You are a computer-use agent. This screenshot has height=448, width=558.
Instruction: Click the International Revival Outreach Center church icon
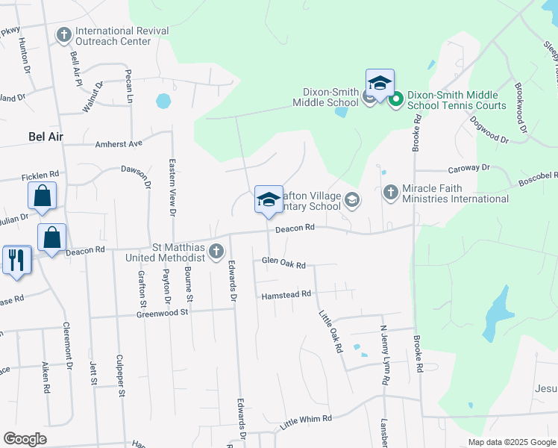click(x=64, y=35)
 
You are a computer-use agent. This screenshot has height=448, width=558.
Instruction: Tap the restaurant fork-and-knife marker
click(x=16, y=261)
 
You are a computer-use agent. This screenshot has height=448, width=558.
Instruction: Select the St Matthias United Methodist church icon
click(x=216, y=250)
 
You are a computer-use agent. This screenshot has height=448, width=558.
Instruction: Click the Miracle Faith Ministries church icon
click(x=390, y=193)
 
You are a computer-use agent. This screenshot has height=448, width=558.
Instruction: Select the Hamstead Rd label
click(x=285, y=296)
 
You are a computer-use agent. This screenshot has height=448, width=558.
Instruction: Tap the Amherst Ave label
click(x=118, y=143)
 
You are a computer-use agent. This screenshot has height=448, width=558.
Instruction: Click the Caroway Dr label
click(x=468, y=169)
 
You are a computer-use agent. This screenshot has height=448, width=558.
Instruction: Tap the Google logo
click(x=25, y=439)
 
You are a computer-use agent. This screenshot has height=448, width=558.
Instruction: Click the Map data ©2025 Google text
click(x=512, y=442)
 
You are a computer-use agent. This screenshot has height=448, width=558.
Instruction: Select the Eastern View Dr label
click(x=172, y=187)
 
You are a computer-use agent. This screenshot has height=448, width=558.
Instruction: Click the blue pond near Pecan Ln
click(x=163, y=100)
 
